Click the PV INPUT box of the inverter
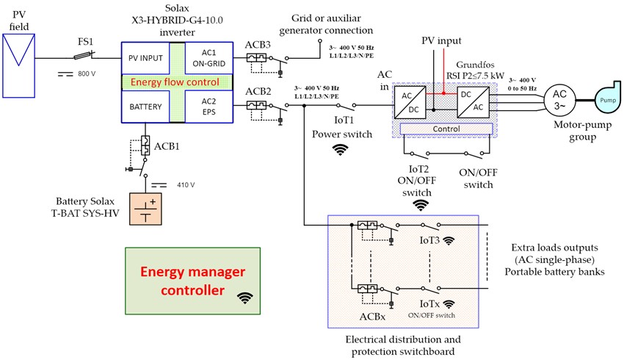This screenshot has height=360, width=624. coord(145,57)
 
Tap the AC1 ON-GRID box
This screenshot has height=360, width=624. coord(208,57)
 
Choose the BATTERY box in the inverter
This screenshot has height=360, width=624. coord(145,107)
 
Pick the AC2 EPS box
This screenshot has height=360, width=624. coord(208,107)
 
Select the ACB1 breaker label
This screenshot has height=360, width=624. coord(167,145)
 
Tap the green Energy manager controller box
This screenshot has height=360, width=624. coord(193,281)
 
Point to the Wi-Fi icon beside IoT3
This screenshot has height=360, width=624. coord(449,240)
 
